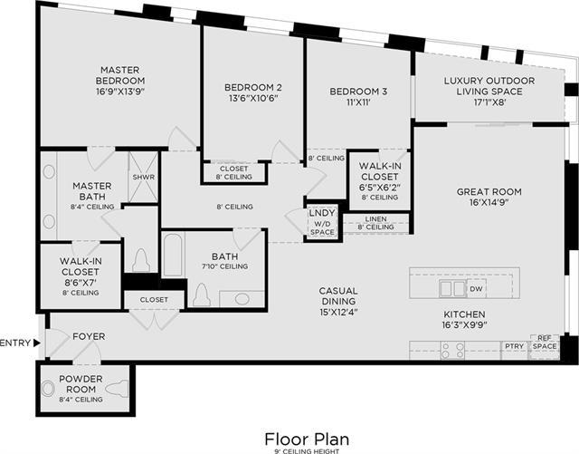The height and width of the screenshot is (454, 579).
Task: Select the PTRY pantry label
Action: (514, 345)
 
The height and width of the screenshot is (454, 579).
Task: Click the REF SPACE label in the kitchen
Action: (545, 343)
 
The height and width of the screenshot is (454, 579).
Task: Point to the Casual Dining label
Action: (338, 291)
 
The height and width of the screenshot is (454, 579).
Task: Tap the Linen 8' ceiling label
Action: (375, 223)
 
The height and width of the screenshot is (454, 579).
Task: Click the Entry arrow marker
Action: (36, 343)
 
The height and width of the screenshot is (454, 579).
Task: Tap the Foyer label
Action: (89, 336)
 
